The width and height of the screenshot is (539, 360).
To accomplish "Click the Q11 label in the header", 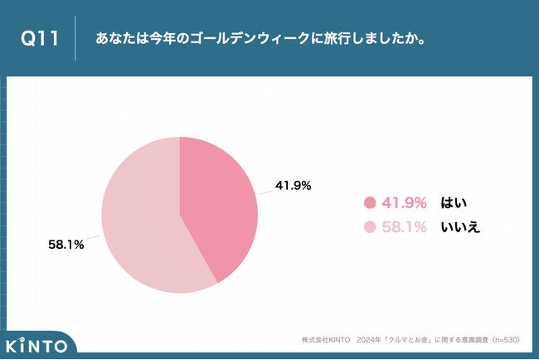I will [x=40, y=39].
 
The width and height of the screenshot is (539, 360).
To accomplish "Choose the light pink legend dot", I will [x=370, y=226].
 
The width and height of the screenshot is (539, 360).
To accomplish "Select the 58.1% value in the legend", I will [x=405, y=226].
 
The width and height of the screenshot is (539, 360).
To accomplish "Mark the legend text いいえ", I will [x=461, y=226].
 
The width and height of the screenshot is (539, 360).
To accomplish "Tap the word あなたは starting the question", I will [x=116, y=39].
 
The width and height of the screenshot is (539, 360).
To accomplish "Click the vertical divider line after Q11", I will [x=75, y=39].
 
